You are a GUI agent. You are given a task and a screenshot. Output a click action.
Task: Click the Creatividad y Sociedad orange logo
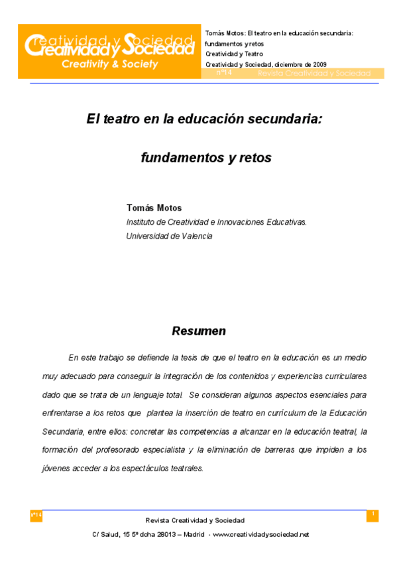click(109, 51)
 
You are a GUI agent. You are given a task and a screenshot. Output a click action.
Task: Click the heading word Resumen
click(199, 331)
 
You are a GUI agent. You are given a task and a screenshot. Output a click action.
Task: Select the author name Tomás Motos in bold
click(154, 208)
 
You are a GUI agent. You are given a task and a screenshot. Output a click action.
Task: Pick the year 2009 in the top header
click(315, 64)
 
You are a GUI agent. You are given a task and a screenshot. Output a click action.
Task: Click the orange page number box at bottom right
click(372, 516)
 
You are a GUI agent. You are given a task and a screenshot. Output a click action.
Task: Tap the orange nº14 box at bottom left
click(36, 516)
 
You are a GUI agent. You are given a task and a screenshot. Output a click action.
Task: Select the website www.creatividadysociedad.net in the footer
click(261, 534)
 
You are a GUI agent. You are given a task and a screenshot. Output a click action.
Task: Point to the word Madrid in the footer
click(194, 534)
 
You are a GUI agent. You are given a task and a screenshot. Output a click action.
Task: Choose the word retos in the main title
click(256, 158)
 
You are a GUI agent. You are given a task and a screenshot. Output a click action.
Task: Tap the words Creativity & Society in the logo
click(109, 64)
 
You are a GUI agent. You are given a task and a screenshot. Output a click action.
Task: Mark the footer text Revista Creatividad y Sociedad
click(195, 520)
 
